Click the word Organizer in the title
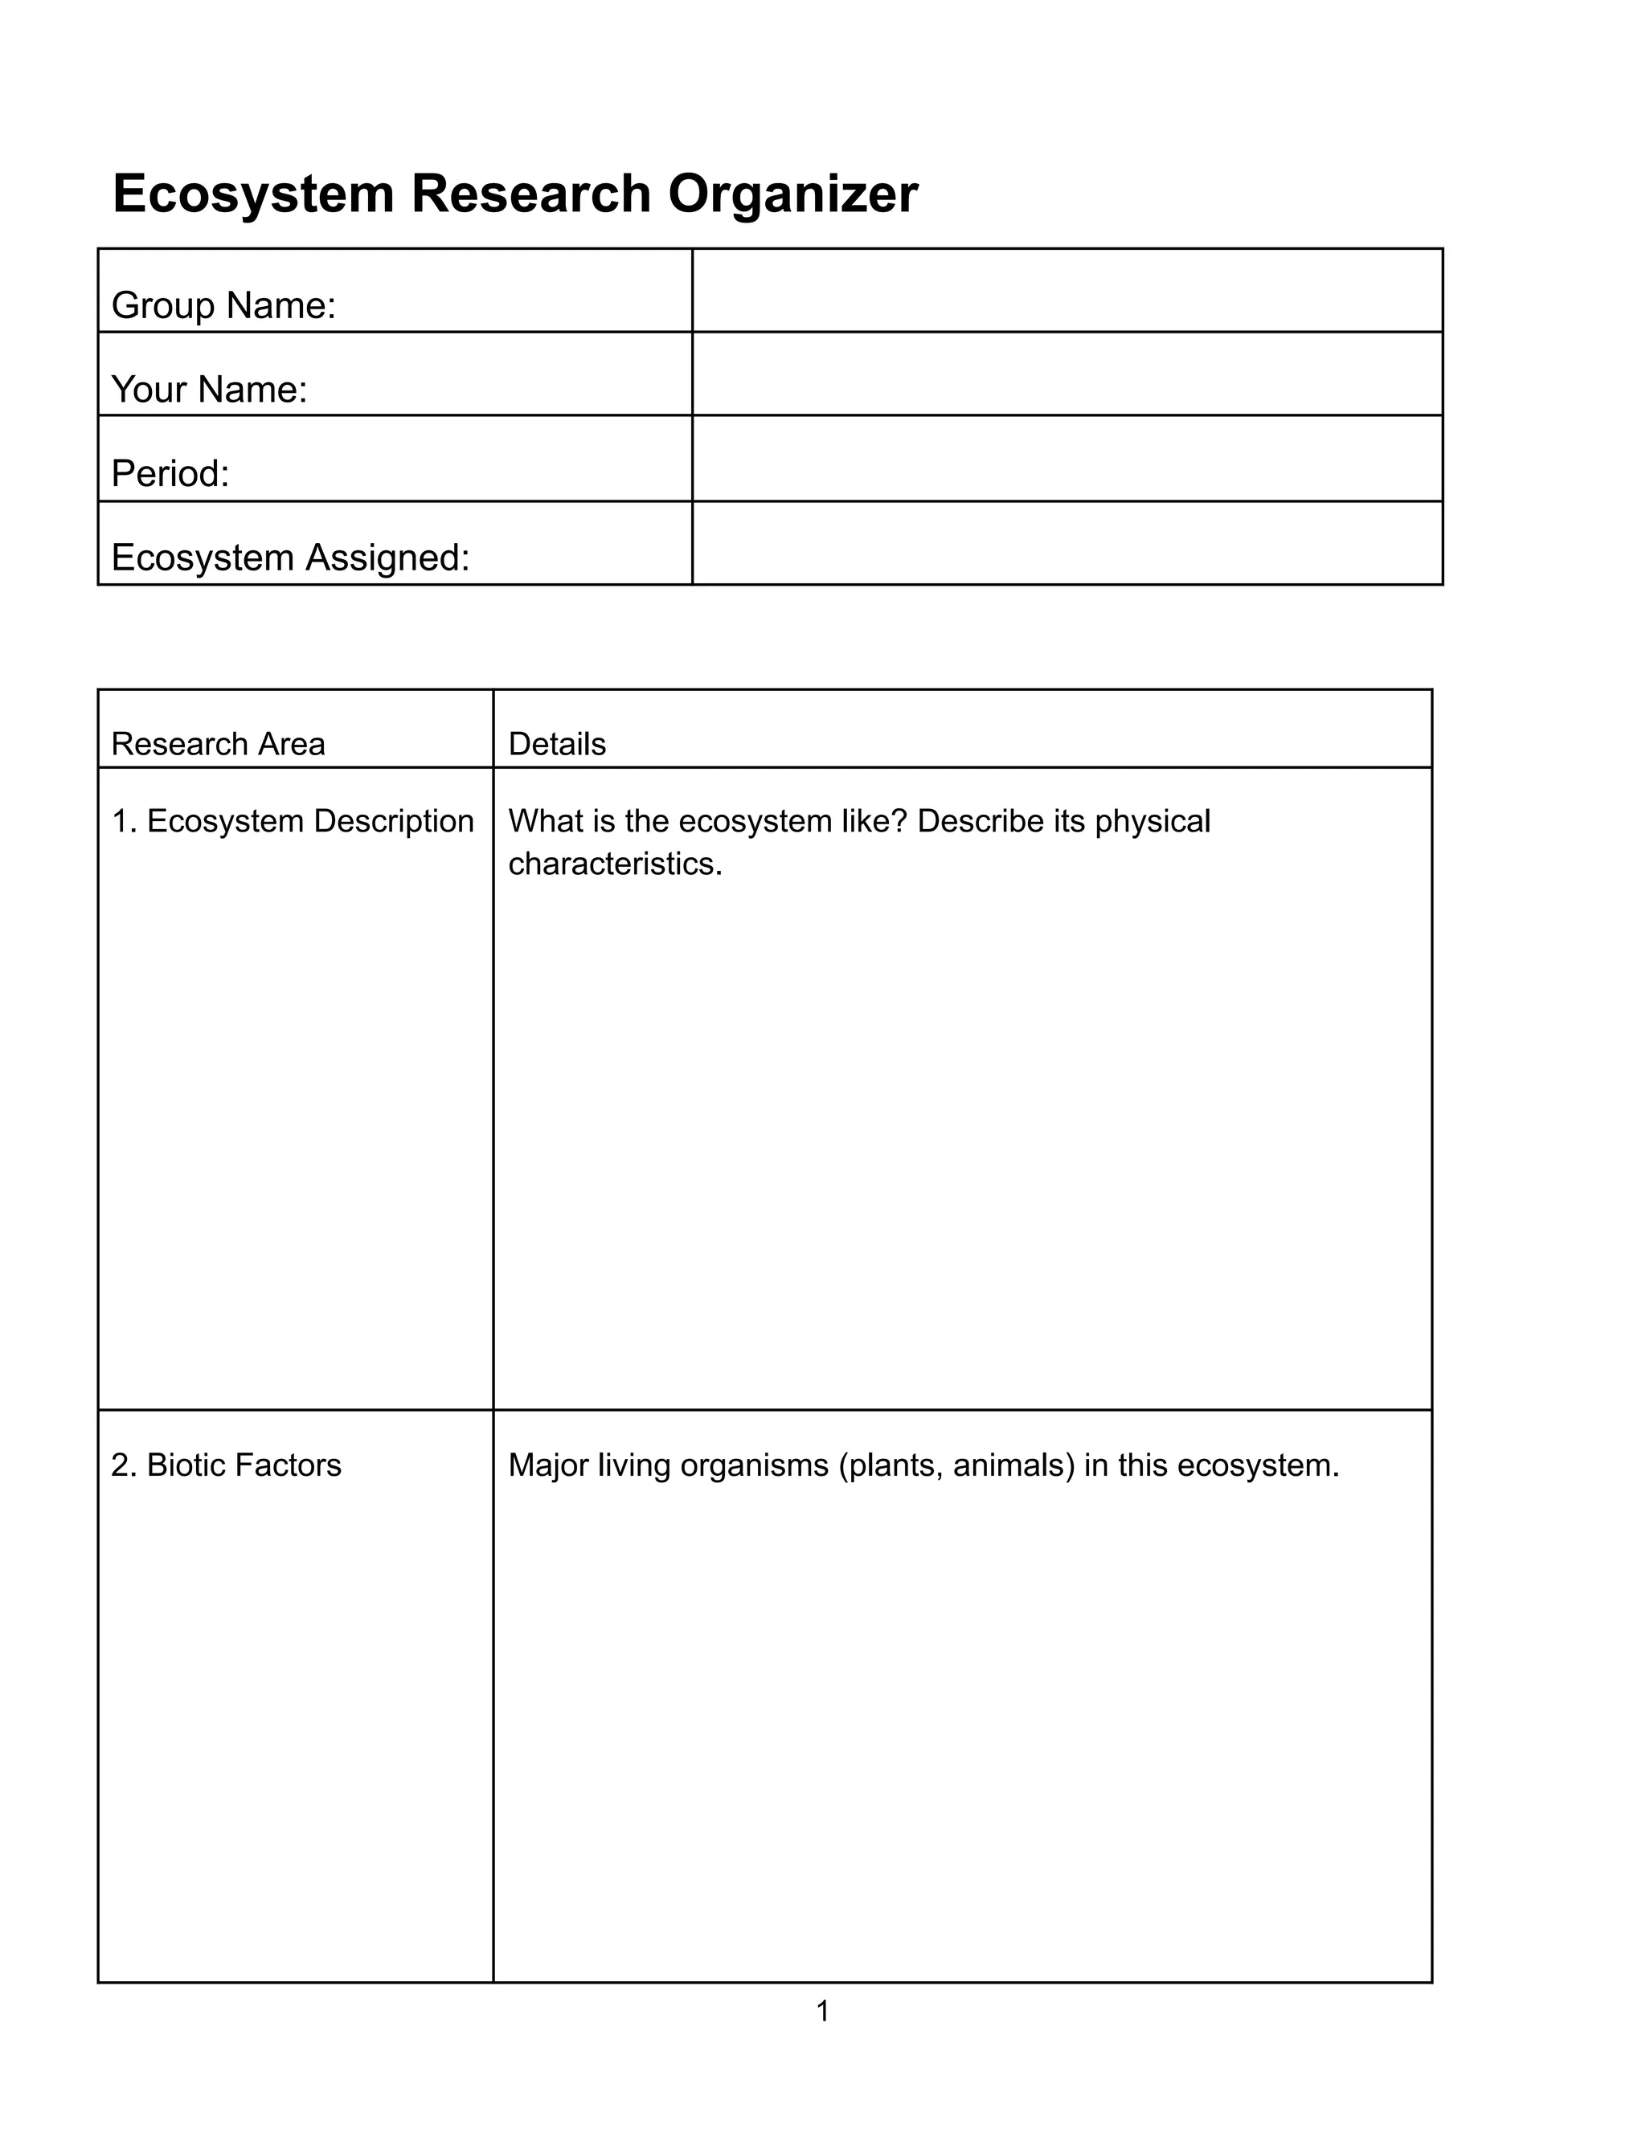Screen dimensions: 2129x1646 click(792, 194)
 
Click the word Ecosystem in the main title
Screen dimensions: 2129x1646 click(252, 194)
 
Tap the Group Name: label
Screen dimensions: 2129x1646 click(223, 306)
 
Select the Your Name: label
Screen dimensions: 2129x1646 click(210, 390)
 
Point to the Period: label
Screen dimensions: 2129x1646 click(170, 474)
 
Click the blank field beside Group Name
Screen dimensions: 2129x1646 click(1067, 291)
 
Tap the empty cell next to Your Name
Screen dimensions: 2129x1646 click(1067, 374)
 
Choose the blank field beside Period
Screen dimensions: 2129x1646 click(1067, 458)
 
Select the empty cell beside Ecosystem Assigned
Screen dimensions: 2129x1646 click(1067, 543)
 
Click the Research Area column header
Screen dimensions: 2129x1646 click(218, 744)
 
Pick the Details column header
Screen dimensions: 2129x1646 click(557, 744)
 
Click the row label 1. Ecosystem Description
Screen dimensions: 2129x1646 click(293, 821)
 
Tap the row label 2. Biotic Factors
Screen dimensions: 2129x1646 click(226, 1465)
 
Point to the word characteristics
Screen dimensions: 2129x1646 click(616, 864)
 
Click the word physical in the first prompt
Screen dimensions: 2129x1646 click(1153, 821)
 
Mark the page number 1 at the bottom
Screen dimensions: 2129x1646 click(822, 2010)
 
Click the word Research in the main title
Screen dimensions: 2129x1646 click(530, 194)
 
